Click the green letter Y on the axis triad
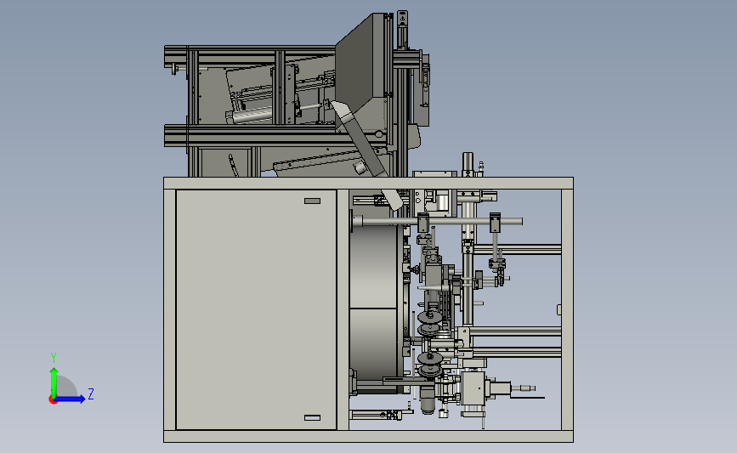[53, 358]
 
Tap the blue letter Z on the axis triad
[91, 394]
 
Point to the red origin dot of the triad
[53, 399]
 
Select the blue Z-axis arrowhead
[81, 399]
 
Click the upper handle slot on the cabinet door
[312, 201]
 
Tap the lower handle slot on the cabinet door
[312, 418]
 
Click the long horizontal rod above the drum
[437, 221]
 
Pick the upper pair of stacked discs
[429, 322]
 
